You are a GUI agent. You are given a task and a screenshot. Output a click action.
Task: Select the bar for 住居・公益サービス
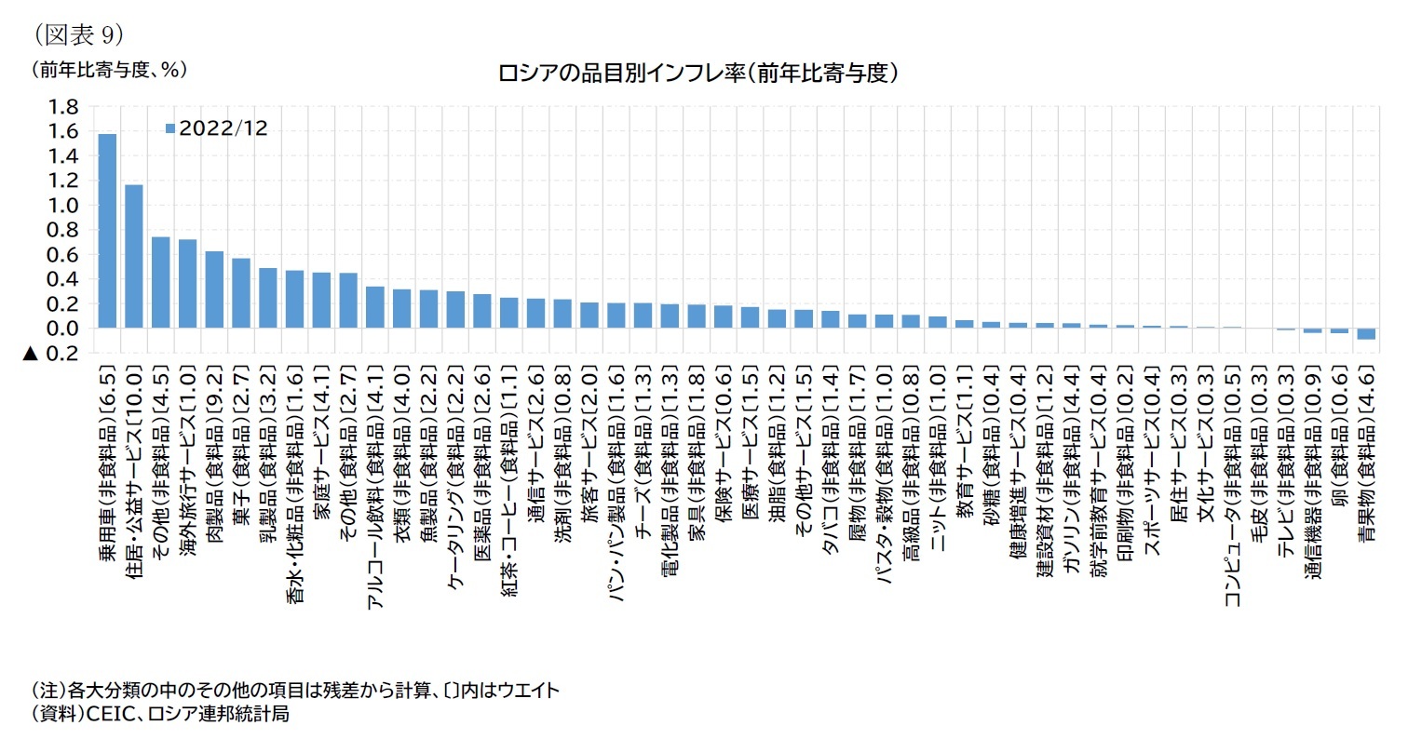[x=134, y=256]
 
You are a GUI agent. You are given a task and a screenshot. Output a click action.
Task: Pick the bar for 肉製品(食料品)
[x=214, y=289]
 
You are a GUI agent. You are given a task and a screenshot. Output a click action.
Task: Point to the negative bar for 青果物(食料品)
[x=1366, y=334]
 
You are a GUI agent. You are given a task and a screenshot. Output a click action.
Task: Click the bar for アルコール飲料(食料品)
[x=374, y=307]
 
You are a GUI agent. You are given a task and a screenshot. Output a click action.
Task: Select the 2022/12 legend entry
[x=217, y=129]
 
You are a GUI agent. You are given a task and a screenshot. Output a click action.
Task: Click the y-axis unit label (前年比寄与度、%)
[x=109, y=69]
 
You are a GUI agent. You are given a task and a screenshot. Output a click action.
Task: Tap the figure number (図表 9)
[x=79, y=34]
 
